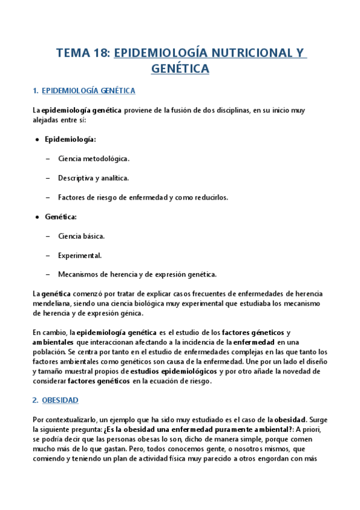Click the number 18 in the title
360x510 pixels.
coord(99,53)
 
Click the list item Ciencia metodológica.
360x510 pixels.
coord(93,159)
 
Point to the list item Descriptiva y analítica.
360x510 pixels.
coord(93,178)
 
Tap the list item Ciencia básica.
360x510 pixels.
coord(82,236)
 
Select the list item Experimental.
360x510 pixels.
coord(80,255)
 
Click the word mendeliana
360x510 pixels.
coord(52,304)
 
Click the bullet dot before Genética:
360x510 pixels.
coord(38,217)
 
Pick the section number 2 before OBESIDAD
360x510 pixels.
coord(34,400)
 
